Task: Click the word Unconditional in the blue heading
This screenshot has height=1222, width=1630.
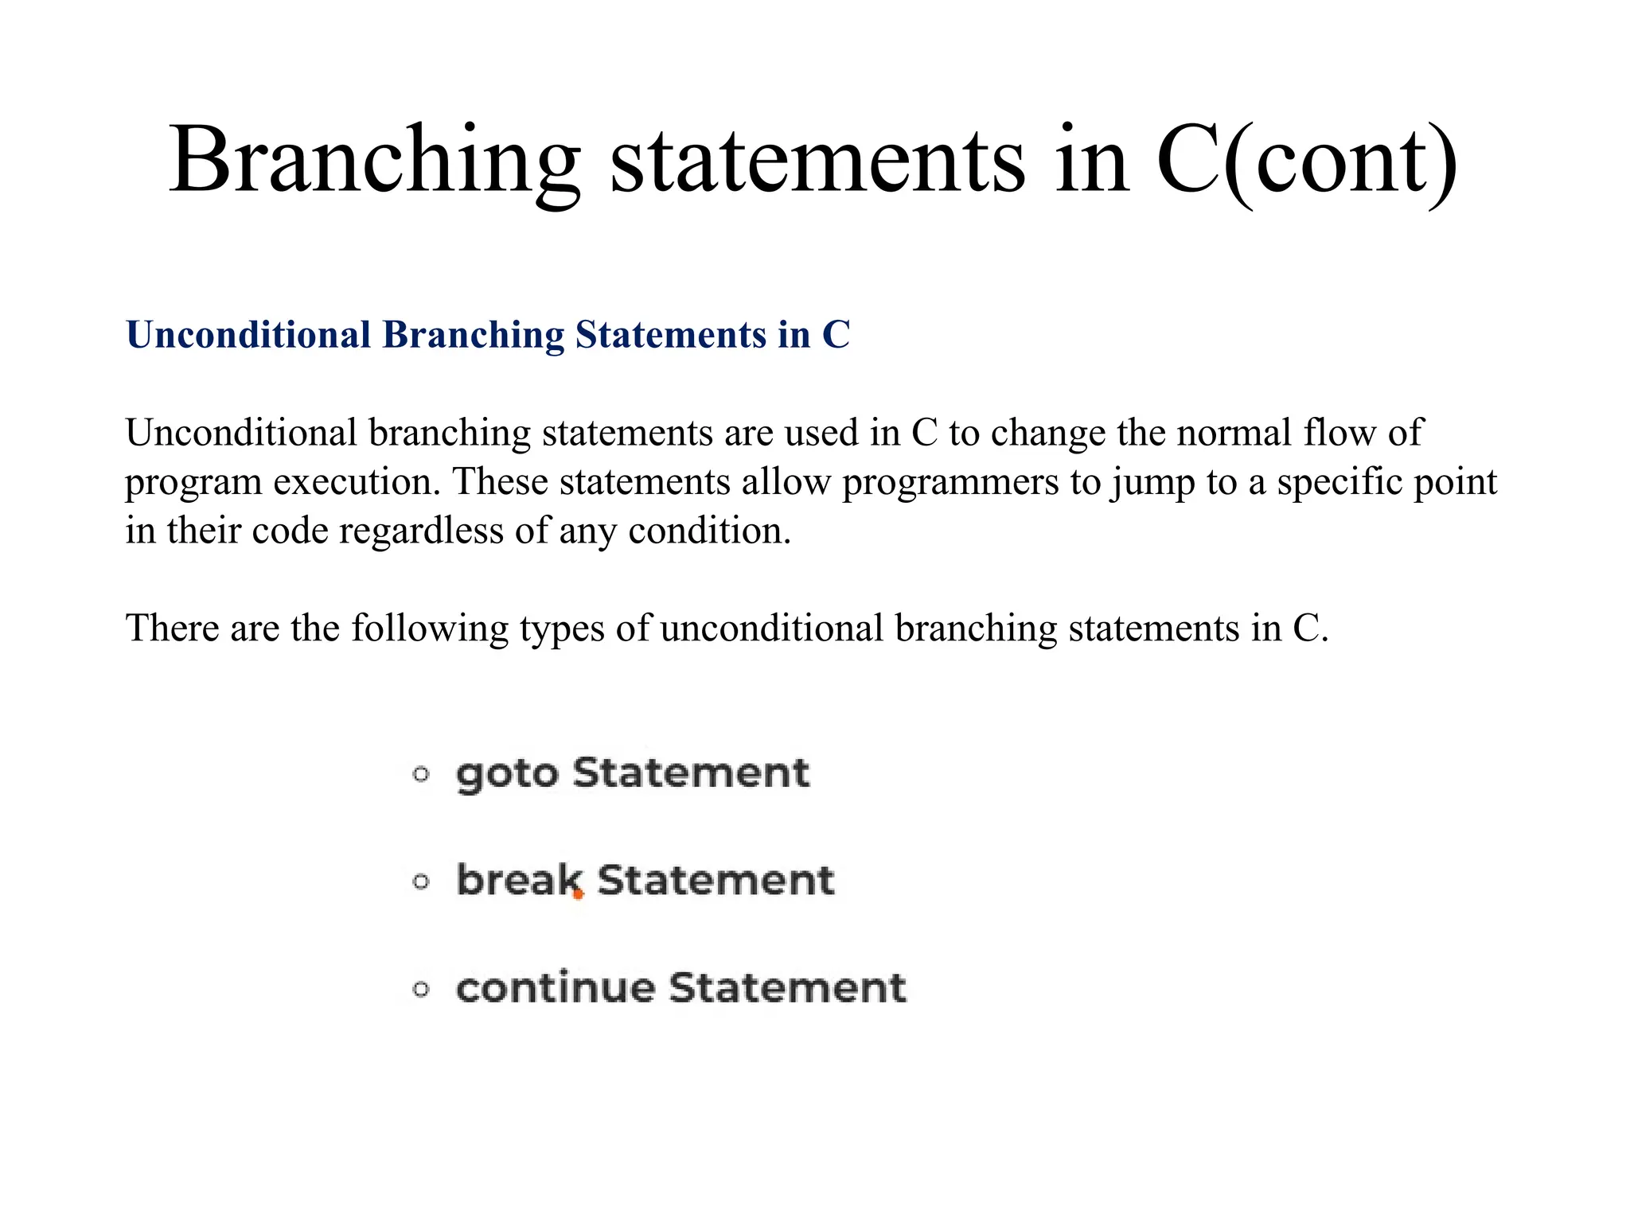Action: pyautogui.click(x=248, y=335)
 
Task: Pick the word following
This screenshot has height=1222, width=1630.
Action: pyautogui.click(x=430, y=629)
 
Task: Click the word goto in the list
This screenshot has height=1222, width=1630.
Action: pyautogui.click(x=507, y=774)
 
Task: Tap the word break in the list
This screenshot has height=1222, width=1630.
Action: pyautogui.click(x=519, y=881)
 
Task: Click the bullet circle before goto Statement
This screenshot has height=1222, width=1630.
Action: pyautogui.click(x=421, y=774)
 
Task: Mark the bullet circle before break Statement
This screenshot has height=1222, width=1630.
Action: pyautogui.click(x=421, y=881)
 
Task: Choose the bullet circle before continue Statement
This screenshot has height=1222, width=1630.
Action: pyautogui.click(x=421, y=990)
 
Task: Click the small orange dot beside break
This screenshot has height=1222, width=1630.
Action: pyautogui.click(x=579, y=895)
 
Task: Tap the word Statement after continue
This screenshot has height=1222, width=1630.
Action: pyautogui.click(x=786, y=988)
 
